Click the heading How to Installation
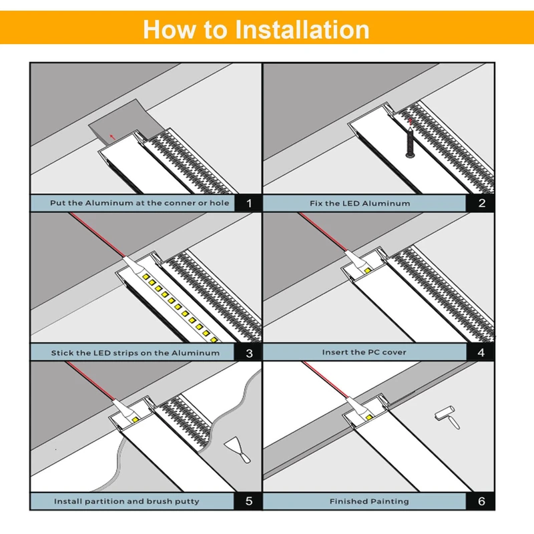pos(256,29)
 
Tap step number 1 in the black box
pos(248,203)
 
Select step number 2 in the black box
pos(481,203)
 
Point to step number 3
pos(248,352)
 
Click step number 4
pos(481,352)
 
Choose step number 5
pos(248,501)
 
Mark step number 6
pos(481,501)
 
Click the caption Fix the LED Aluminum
pos(360,203)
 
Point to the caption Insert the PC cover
pos(364,352)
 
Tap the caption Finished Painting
pos(369,501)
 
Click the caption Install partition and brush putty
pos(126,501)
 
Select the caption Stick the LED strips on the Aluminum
pos(135,352)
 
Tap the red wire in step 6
pos(327,380)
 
